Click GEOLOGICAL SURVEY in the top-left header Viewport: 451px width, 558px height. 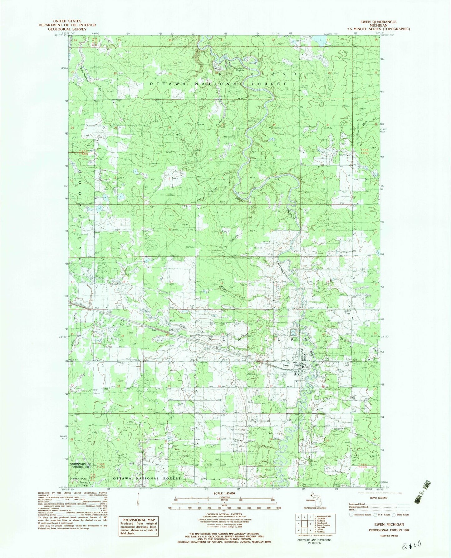tap(67, 29)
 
